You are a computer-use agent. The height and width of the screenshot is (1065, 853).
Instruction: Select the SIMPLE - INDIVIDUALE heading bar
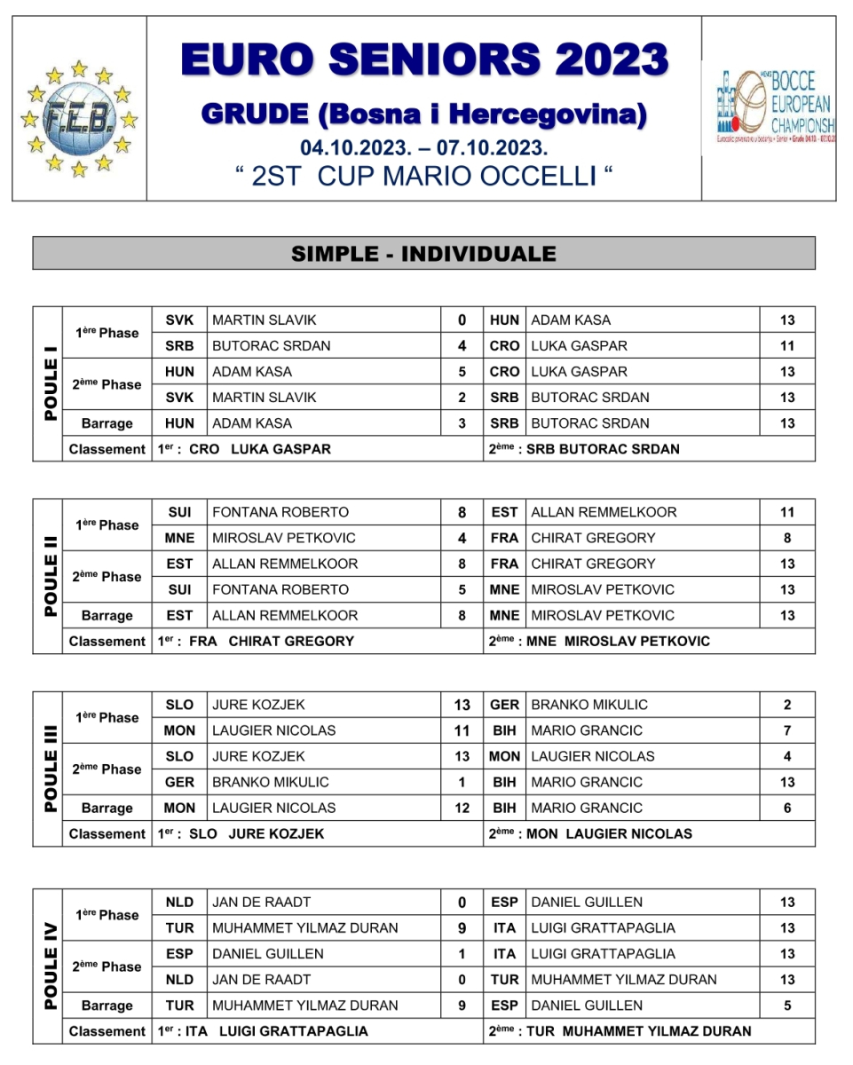tap(424, 254)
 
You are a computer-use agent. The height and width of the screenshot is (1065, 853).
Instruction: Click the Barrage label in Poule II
tap(107, 615)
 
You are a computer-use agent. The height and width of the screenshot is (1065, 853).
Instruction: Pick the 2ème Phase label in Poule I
tap(107, 384)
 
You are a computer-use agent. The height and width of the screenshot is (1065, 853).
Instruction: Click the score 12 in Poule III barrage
tap(462, 808)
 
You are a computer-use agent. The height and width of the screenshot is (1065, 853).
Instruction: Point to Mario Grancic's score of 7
tap(787, 730)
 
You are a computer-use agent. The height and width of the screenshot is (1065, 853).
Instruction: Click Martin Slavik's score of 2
tap(462, 398)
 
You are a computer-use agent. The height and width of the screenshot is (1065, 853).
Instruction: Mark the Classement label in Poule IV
tap(107, 1031)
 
